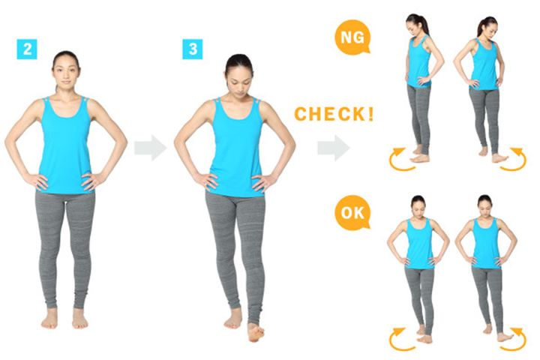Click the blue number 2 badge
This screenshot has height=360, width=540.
(x=27, y=49)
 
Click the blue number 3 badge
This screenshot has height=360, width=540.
(x=193, y=49)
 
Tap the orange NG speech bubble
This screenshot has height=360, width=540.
(x=352, y=37)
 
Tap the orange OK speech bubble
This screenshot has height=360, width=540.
(x=352, y=213)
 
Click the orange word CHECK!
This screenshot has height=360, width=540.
(x=334, y=114)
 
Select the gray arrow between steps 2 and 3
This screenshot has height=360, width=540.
(x=151, y=148)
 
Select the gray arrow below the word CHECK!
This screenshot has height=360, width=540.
(x=333, y=148)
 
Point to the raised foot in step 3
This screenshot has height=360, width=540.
(x=255, y=332)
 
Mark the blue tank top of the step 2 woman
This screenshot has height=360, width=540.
(x=64, y=145)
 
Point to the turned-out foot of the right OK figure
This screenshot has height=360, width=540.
(x=505, y=337)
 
